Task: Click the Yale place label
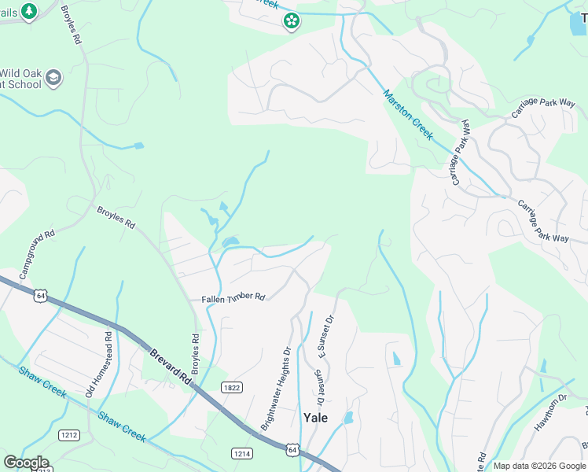(x=315, y=418)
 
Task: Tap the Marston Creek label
(x=407, y=115)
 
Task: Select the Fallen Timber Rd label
(x=233, y=297)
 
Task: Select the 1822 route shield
(x=231, y=388)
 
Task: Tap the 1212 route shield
(x=69, y=434)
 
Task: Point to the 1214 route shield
(x=241, y=453)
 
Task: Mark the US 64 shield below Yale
(x=292, y=449)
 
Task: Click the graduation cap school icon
(x=53, y=77)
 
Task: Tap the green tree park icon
(x=29, y=11)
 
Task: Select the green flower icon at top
(x=291, y=20)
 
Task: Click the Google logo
(x=26, y=463)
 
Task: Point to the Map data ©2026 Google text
(x=539, y=466)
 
